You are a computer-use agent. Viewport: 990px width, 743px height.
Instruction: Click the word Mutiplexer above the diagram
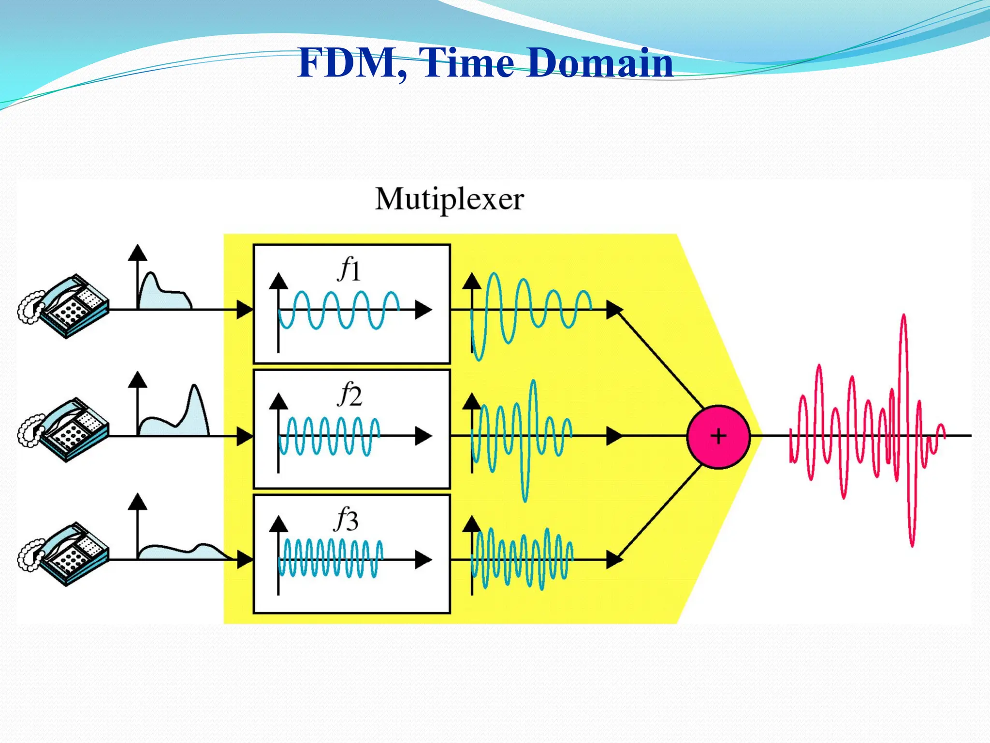coord(449,199)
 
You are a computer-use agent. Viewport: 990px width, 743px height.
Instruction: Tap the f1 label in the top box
coord(349,270)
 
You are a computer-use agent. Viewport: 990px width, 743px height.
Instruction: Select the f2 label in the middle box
coord(349,394)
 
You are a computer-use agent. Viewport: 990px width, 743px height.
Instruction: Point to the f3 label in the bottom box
coord(347,520)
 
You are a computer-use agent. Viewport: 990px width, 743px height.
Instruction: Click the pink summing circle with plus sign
coord(718,436)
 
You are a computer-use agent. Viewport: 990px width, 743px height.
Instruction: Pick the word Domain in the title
coord(599,63)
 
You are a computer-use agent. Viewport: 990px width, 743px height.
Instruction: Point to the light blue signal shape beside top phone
coord(162,295)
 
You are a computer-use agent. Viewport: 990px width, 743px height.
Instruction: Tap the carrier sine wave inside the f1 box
coord(338,310)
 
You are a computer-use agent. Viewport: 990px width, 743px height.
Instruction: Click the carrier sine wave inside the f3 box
coord(331,559)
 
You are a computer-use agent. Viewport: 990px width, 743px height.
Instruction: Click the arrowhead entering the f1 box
coord(245,310)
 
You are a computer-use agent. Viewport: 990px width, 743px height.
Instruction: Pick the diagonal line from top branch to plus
coord(660,358)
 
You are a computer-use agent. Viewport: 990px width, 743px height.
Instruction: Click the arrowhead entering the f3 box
coord(245,560)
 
